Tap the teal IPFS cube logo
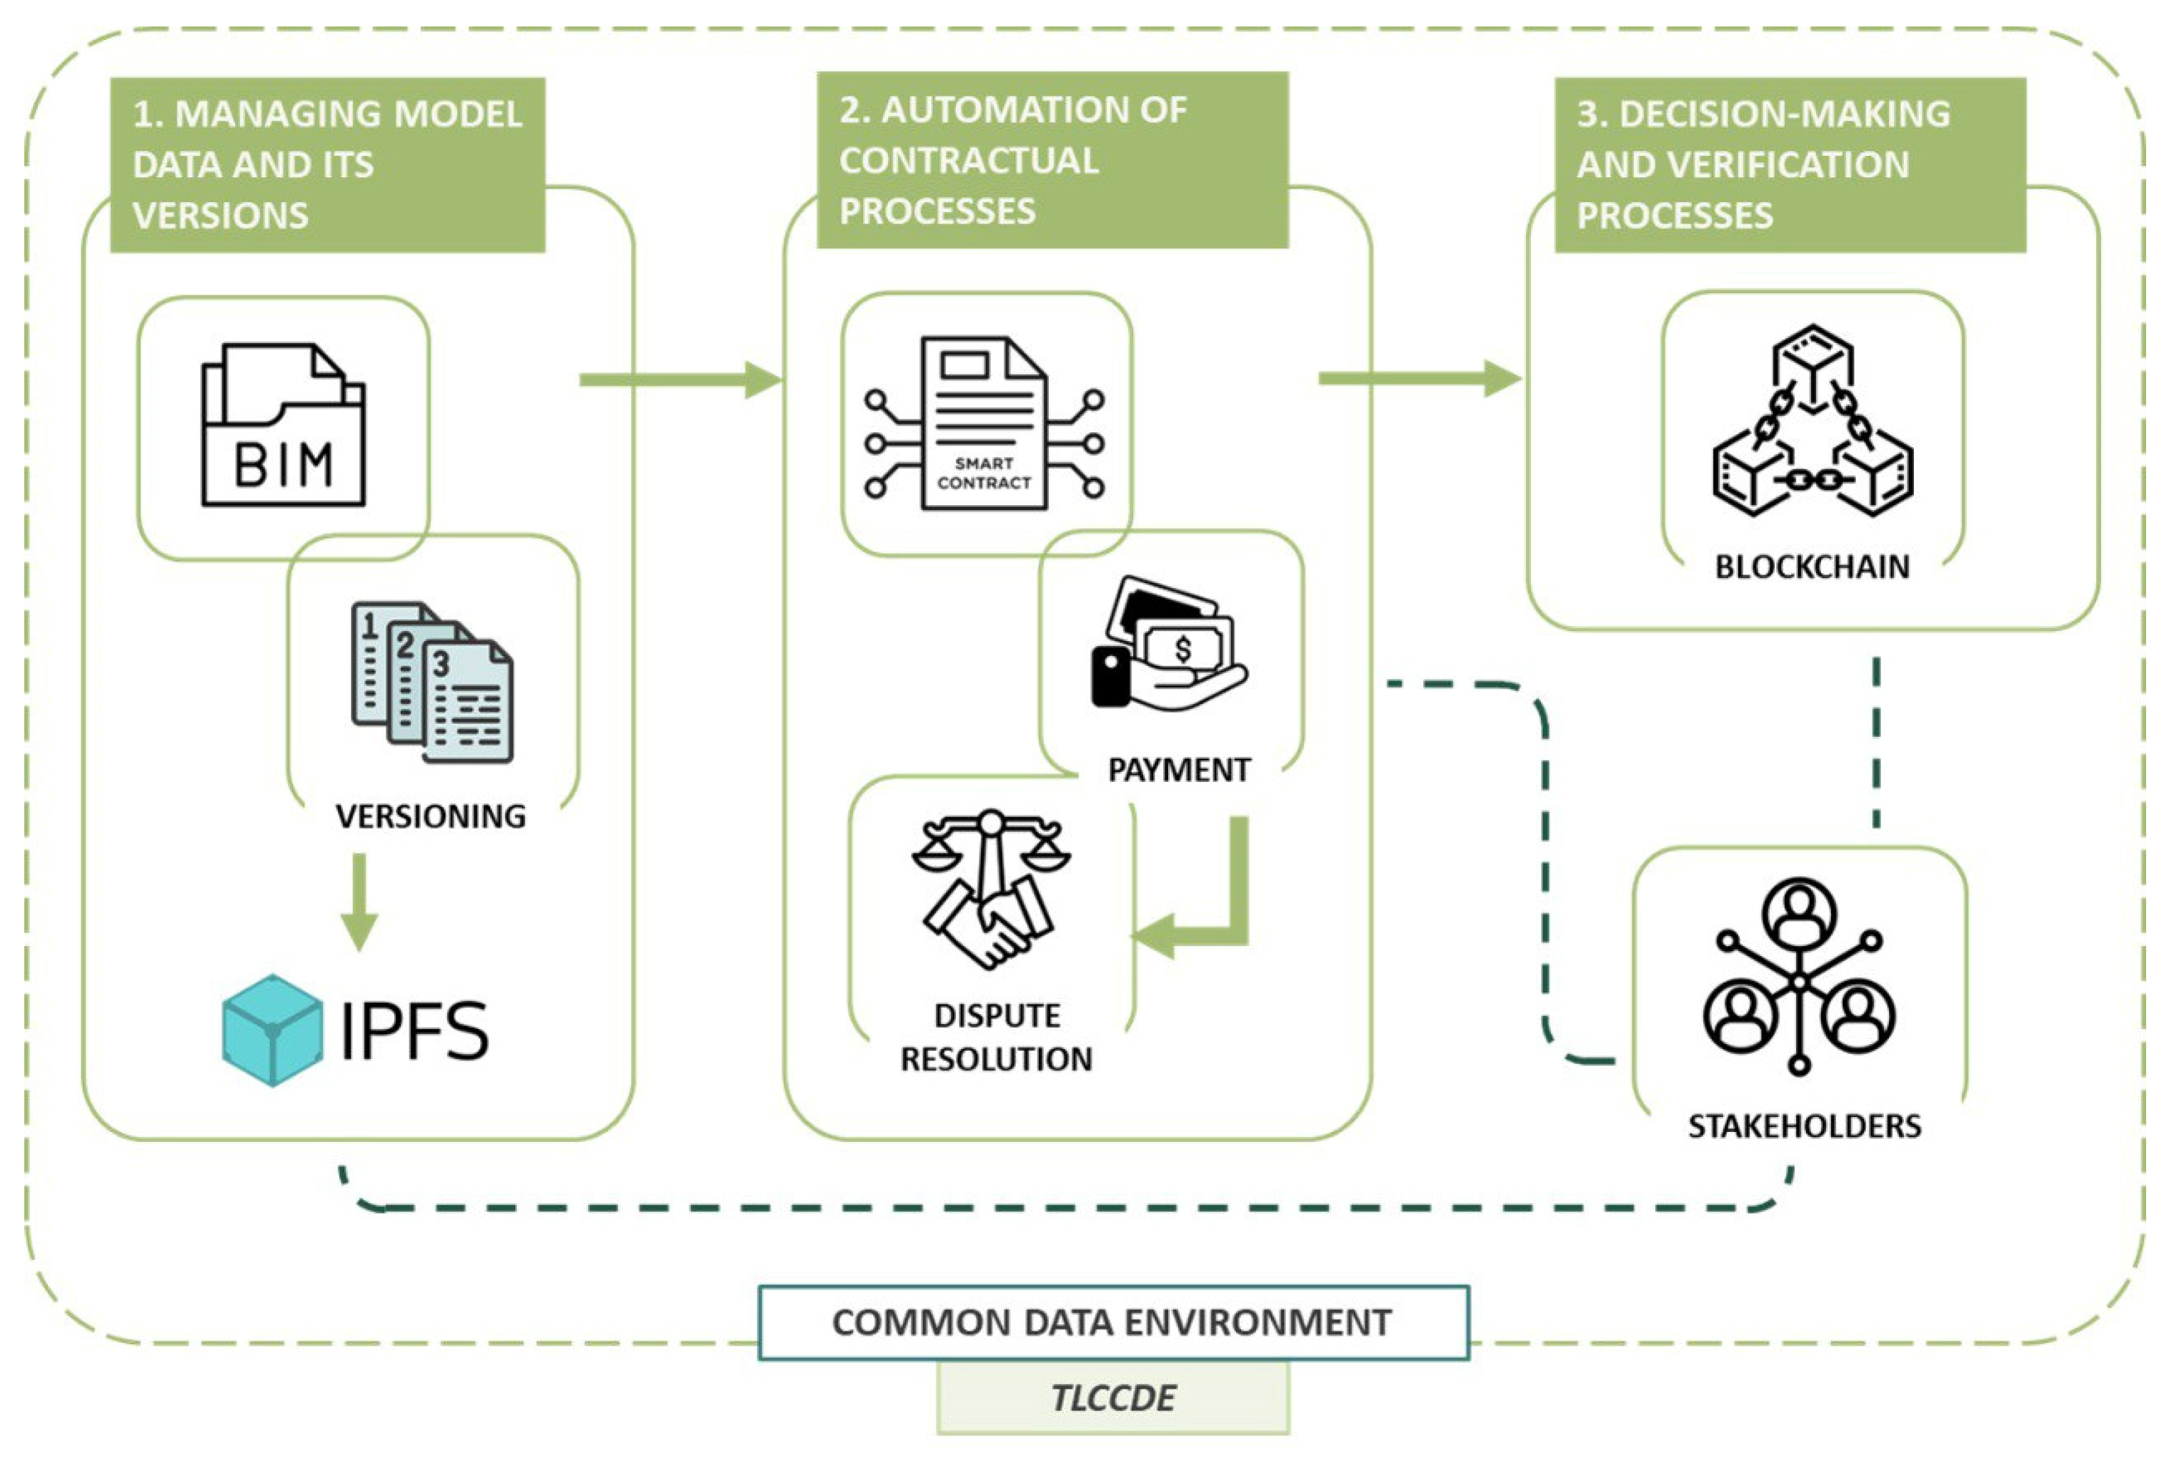271,1031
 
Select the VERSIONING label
431,817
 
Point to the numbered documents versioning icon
432,682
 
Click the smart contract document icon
984,424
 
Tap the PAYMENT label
1178,771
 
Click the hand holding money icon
1168,645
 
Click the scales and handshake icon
991,889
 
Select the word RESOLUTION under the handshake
996,1060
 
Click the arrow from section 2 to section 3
1420,379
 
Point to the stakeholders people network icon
1798,978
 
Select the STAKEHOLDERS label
1804,1127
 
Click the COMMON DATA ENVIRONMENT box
1113,1323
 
